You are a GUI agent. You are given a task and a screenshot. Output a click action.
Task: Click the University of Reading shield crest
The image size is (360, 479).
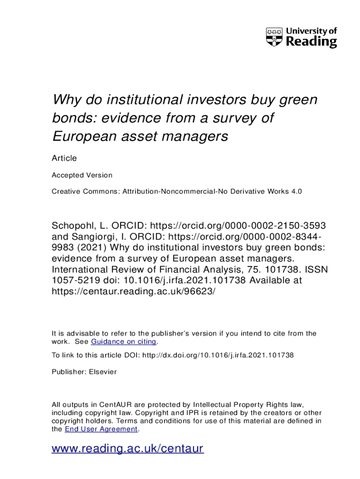click(274, 37)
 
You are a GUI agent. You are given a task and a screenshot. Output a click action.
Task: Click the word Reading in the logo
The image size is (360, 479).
click(311, 42)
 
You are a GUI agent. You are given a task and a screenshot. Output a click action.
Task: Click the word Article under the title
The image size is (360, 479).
click(64, 158)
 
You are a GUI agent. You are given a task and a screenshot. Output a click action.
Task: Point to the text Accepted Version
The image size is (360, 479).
click(82, 175)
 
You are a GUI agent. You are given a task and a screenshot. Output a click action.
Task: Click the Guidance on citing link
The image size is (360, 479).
click(123, 342)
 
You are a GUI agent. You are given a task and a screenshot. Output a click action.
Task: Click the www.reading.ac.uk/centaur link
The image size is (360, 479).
click(127, 449)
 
